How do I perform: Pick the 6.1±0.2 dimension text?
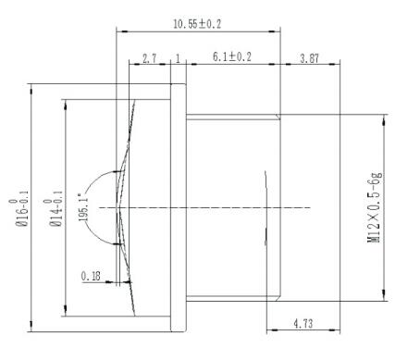(x=232, y=57)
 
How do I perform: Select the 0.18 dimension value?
(x=92, y=275)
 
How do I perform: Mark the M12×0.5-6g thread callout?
(x=375, y=206)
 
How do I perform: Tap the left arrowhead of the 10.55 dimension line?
(x=117, y=30)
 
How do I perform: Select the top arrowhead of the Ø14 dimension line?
(x=67, y=102)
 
